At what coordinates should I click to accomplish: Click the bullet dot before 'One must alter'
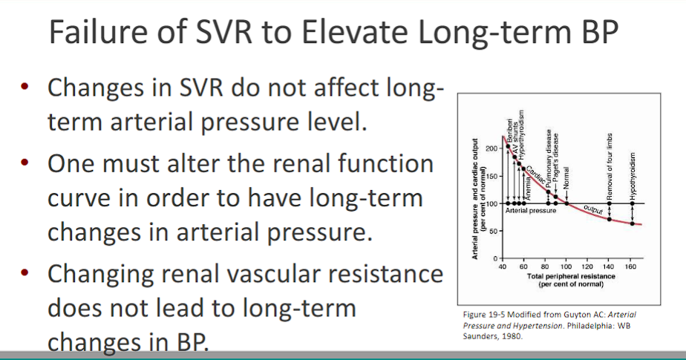click(24, 163)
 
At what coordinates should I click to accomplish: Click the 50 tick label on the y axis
click(491, 232)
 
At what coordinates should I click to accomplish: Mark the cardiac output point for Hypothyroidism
click(632, 223)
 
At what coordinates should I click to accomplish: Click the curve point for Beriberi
click(509, 146)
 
